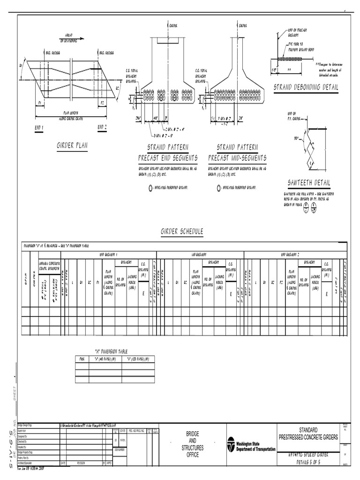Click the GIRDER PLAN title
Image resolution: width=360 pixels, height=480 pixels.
click(x=72, y=146)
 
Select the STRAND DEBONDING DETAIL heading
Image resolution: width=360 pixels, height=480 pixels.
click(x=306, y=87)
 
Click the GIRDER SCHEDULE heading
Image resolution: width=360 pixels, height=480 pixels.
click(x=182, y=232)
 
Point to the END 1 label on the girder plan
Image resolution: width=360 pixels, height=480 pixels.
click(x=39, y=127)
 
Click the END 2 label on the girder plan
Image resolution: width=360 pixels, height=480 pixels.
click(x=103, y=127)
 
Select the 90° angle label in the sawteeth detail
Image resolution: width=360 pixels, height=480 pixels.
click(x=297, y=139)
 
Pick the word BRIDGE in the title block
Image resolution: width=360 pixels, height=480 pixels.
click(x=192, y=435)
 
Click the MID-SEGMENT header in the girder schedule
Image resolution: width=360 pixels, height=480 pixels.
click(x=200, y=254)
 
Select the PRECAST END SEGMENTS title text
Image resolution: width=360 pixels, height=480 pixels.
click(x=168, y=158)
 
